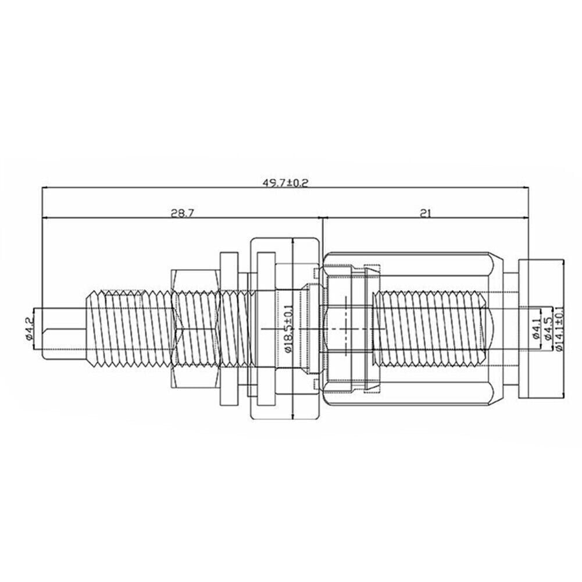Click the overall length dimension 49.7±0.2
[x=285, y=183]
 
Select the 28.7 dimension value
[x=183, y=213]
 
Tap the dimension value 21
[x=426, y=213]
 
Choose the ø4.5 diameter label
[x=547, y=329]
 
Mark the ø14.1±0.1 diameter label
[x=559, y=328]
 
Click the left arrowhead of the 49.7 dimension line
[x=46, y=188]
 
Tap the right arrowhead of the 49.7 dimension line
[x=525, y=188]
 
